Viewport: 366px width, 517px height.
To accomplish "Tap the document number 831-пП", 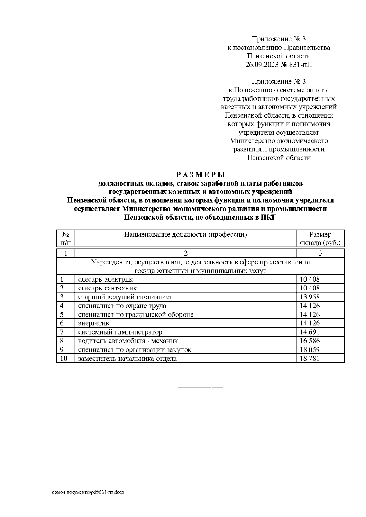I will [x=301, y=65].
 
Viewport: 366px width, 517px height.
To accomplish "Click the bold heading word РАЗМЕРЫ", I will [x=200, y=175].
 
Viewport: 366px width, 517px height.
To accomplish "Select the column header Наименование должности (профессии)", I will [x=185, y=235].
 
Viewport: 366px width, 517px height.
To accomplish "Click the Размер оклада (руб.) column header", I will [x=320, y=239].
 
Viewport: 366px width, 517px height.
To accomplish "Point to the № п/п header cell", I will [x=66, y=239].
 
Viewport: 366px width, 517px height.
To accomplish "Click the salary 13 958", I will [x=310, y=297].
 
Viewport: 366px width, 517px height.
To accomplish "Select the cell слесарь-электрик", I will [x=106, y=279].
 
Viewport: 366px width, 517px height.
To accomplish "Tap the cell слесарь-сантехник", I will [x=107, y=288].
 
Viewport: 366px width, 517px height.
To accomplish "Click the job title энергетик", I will [x=94, y=323].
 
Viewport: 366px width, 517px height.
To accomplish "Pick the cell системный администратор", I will [x=120, y=332].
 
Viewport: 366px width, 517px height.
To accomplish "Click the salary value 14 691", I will [x=310, y=332].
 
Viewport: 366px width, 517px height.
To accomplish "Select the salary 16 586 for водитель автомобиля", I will [x=310, y=341].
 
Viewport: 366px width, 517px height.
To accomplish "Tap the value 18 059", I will [x=310, y=350].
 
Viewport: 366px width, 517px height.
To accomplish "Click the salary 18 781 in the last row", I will [x=310, y=359].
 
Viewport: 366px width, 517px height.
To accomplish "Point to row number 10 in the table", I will [x=63, y=359].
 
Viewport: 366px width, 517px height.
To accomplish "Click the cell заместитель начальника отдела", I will [x=127, y=359].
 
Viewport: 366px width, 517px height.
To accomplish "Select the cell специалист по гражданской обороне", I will [x=136, y=314].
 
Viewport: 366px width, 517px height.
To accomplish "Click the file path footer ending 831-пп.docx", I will [x=88, y=493].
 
